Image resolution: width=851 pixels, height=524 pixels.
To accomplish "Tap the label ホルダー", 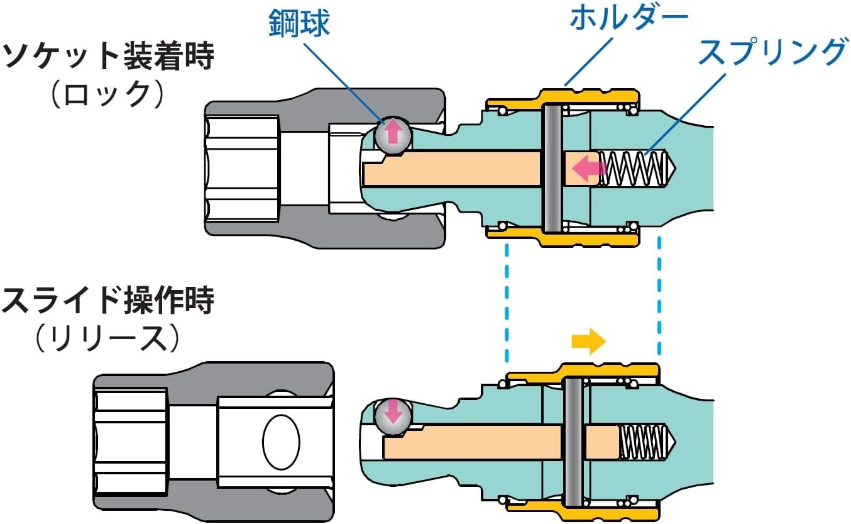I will pyautogui.click(x=629, y=18).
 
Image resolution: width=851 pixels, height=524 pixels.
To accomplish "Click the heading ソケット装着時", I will pyautogui.click(x=108, y=58).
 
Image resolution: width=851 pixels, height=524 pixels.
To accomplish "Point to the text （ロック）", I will pyautogui.click(x=108, y=95).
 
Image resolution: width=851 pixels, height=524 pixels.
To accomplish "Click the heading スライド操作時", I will pyautogui.click(x=108, y=301).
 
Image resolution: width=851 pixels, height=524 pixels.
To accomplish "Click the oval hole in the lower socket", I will pyautogui.click(x=281, y=440).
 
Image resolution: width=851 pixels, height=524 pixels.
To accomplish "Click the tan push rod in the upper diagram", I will pyautogui.click(x=453, y=169).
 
